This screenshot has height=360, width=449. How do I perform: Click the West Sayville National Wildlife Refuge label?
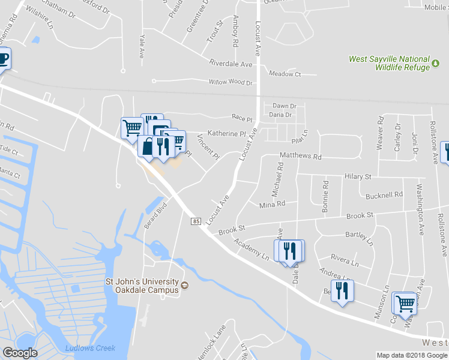pos(390,63)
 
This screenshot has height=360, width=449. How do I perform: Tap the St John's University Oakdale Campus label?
pos(143,286)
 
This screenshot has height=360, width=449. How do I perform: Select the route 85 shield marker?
pos(196,221)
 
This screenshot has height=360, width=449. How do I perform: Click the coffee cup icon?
pos(3,59)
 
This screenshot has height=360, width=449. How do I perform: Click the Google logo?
pos(20,352)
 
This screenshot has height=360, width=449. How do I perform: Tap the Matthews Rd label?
pos(301,156)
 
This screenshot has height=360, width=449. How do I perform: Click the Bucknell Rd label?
pos(384,195)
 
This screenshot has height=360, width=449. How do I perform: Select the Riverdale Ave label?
pos(231,64)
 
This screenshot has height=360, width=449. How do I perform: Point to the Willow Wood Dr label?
pos(231,82)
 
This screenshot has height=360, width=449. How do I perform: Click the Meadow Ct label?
pos(285,74)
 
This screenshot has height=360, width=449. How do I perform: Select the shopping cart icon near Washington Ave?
pos(405,303)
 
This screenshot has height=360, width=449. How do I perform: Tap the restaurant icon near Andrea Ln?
pos(342,291)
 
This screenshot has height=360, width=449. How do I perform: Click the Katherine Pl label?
pos(227,133)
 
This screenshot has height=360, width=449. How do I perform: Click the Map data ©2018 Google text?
pos(412,355)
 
